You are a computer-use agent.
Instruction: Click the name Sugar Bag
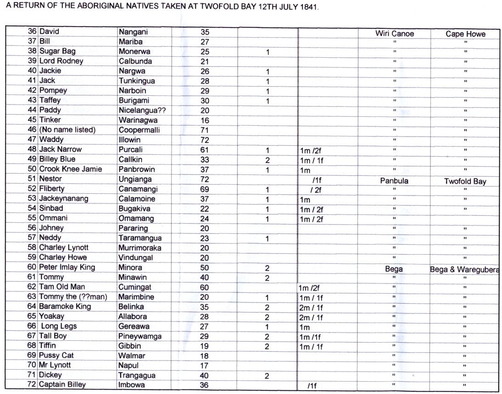point(57,51)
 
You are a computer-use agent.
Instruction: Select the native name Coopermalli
point(139,130)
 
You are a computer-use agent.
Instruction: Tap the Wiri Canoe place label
point(394,34)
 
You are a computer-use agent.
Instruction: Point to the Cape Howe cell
point(465,34)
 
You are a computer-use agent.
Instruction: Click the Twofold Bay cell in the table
point(465,181)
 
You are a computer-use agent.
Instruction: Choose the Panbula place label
point(394,181)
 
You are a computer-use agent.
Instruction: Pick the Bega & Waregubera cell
point(465,270)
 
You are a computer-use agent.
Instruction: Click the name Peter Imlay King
point(67,268)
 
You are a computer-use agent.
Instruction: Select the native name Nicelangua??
point(141,110)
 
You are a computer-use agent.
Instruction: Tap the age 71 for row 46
point(205,130)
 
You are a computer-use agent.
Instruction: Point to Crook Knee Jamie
point(70,169)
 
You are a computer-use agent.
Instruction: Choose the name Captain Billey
point(62,385)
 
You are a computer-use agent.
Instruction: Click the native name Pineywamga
point(140,336)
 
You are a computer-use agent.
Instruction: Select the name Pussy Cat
point(56,356)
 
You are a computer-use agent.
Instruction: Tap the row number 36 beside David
point(32,32)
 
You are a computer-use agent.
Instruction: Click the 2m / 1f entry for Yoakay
point(311,317)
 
